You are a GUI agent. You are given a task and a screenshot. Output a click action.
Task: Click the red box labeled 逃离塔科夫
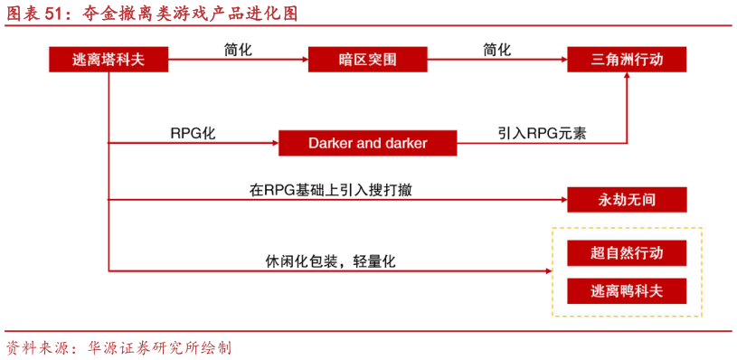coord(109,60)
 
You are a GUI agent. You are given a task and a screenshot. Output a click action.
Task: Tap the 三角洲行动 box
coord(627,60)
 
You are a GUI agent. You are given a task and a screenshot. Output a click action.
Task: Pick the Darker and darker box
coord(367,143)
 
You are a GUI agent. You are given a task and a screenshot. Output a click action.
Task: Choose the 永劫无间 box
coord(627,199)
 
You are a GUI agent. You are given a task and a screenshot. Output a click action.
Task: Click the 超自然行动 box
coord(627,253)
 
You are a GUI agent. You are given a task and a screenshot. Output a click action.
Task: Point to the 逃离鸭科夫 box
coord(627,291)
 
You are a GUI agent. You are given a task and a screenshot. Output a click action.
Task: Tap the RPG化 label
coord(193,133)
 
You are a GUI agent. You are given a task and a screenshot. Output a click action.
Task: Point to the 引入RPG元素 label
coord(542,133)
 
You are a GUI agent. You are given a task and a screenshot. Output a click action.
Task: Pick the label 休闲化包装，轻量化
coord(330,261)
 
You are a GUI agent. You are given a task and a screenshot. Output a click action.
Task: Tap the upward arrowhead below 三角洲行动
coord(627,81)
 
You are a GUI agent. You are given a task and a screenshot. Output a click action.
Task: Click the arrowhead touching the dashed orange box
coord(547,270)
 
